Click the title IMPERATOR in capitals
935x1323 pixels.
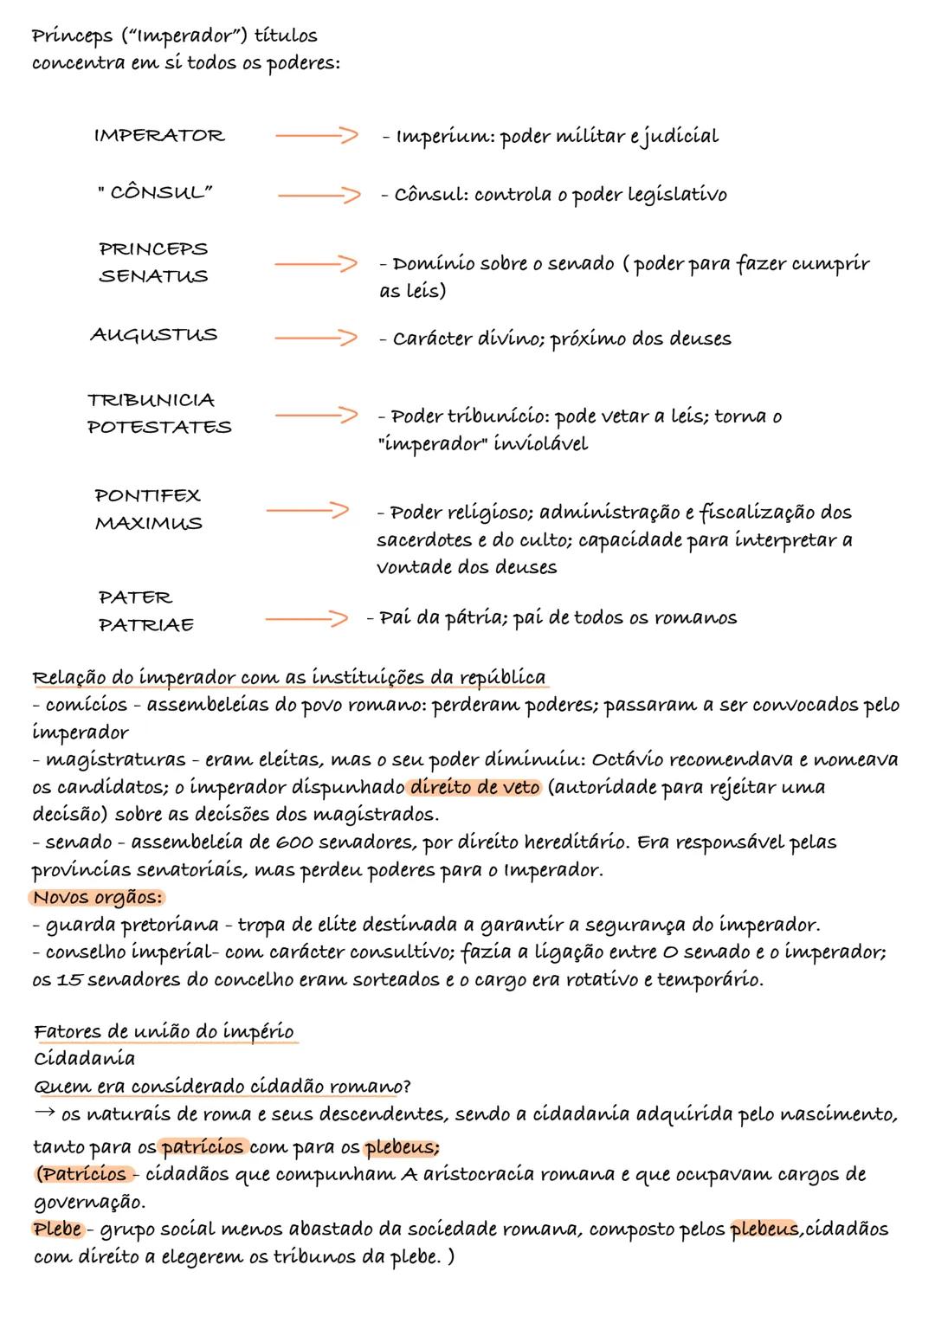click(x=158, y=136)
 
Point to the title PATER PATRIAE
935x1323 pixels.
click(x=145, y=611)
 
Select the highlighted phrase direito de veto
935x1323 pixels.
click(x=474, y=787)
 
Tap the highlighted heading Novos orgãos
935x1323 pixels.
click(x=98, y=897)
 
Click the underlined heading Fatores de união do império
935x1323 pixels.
click(x=164, y=1032)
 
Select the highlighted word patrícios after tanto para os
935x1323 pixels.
click(x=203, y=1147)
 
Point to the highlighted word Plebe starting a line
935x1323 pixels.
click(x=58, y=1229)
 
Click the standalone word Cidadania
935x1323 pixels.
click(x=84, y=1059)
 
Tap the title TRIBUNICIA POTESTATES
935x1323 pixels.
click(x=159, y=413)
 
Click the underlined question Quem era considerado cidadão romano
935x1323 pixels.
click(x=221, y=1087)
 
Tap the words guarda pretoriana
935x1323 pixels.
click(x=128, y=926)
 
